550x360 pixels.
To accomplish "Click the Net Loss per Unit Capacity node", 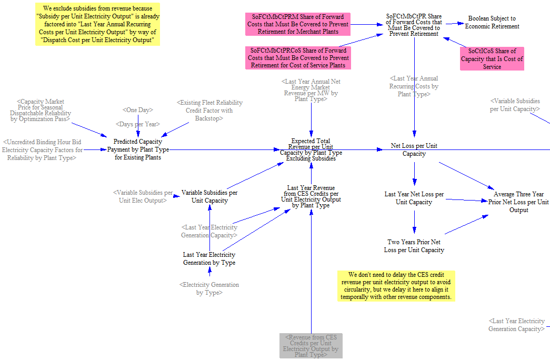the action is coord(414,150).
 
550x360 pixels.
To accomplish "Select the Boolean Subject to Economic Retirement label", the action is coord(492,22).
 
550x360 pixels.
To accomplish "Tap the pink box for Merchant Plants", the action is coord(298,24).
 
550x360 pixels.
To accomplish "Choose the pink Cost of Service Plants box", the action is coord(298,58).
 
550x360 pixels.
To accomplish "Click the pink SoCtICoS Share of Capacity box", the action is coord(492,59).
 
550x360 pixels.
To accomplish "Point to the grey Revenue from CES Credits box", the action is coord(311,346).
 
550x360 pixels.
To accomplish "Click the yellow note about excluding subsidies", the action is coord(97,24).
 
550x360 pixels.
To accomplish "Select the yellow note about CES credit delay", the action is coord(396,286).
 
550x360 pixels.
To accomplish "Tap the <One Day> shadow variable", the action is coord(138,110).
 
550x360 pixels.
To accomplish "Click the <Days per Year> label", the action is coord(138,124).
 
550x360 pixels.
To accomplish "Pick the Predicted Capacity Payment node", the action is coord(138,149).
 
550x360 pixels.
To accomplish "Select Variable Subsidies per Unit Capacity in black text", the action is coord(209,196).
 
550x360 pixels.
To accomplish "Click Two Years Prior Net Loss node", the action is coord(414,246).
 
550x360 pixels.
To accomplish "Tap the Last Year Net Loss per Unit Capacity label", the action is coord(414,198).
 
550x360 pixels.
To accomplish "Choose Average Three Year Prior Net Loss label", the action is coord(518,202).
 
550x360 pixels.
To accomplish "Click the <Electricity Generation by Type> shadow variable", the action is coord(209,288).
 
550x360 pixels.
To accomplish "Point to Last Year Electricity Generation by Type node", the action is coord(209,258).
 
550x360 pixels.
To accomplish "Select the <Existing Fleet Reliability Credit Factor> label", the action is coord(209,111).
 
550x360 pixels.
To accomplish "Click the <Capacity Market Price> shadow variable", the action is coord(41,110).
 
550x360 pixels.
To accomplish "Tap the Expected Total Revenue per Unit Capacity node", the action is coord(311,150).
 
